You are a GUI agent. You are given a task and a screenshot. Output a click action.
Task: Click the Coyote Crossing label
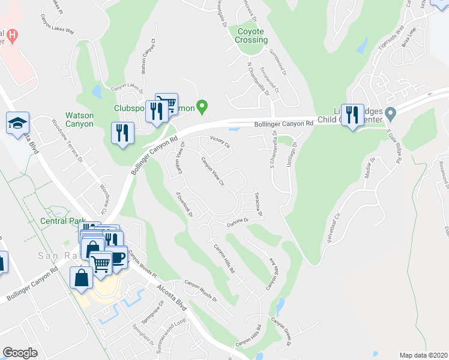pos(252,35)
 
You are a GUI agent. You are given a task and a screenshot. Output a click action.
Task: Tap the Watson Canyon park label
pos(79,119)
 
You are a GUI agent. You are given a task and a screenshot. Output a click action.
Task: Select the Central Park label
pos(62,221)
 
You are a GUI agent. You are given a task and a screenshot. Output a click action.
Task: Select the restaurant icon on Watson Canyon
pos(122,133)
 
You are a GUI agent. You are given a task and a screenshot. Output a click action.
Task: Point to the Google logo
pos(20,353)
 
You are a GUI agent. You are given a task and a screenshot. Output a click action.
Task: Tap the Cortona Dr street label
pos(237,223)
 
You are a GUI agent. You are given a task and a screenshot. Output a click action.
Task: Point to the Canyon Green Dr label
pos(283,332)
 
